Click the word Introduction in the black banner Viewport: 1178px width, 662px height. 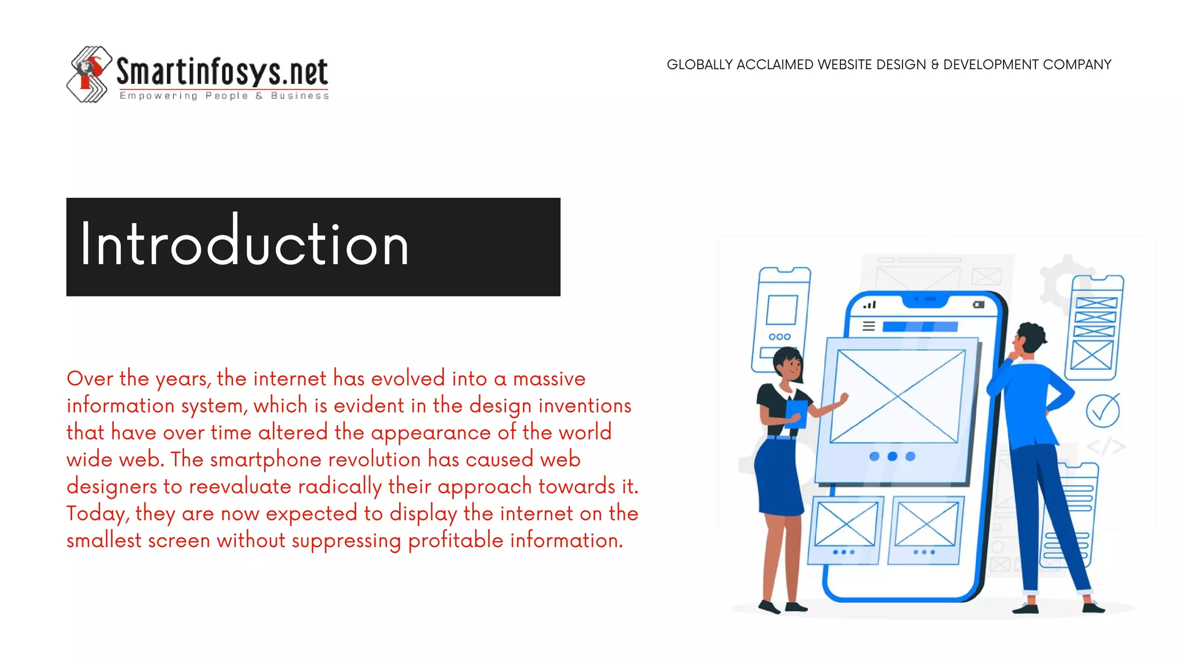(x=244, y=245)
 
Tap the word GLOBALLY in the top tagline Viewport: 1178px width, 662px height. (x=699, y=65)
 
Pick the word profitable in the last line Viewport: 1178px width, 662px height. (x=456, y=541)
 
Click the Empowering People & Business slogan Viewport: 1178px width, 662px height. (x=224, y=96)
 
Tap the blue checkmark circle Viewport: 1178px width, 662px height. (x=1103, y=411)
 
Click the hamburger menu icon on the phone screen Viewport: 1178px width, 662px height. (x=869, y=326)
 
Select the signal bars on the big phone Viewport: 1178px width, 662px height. (x=870, y=305)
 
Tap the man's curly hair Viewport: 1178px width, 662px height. (x=1032, y=336)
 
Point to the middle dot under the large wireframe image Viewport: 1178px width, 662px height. (x=892, y=456)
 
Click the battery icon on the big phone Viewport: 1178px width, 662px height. (x=978, y=305)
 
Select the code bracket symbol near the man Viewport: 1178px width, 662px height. (x=1105, y=447)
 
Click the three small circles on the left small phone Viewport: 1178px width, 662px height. (x=779, y=337)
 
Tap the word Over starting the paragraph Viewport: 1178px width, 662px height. (x=90, y=379)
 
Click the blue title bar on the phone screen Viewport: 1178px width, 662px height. (x=920, y=326)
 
